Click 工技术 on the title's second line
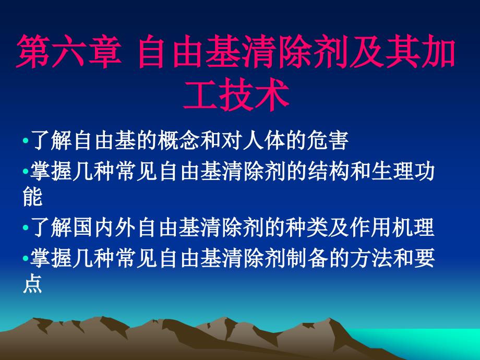[x=236, y=98]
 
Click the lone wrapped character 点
[x=32, y=285]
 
